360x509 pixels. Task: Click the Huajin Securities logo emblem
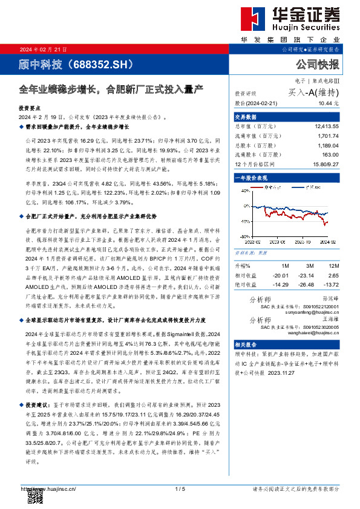click(x=249, y=19)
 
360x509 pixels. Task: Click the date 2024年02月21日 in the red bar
click(x=45, y=50)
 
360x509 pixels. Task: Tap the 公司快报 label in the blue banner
click(x=317, y=64)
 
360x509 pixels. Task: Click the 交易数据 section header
click(x=246, y=117)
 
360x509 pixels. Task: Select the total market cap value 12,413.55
click(x=327, y=126)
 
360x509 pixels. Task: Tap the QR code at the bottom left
click(x=35, y=496)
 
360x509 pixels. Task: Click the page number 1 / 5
click(x=180, y=488)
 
